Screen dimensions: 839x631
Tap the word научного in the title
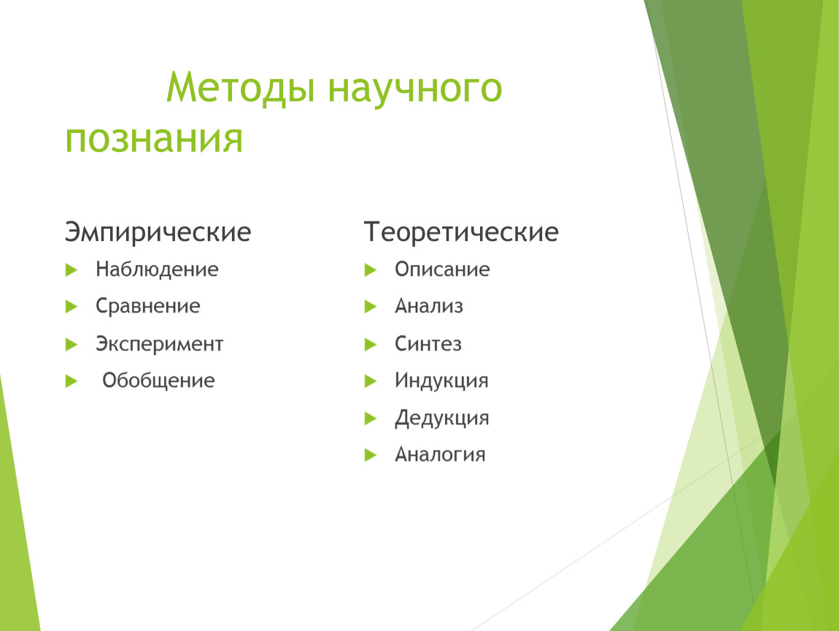[415, 89]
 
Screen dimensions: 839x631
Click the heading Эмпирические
[158, 232]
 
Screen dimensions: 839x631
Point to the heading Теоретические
[461, 232]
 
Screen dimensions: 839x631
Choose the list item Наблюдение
[157, 269]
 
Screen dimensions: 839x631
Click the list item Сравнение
[147, 307]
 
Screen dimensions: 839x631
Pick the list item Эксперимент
[160, 344]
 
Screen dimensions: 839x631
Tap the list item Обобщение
[158, 380]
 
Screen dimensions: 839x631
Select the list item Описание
[442, 269]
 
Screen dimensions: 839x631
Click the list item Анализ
[428, 307]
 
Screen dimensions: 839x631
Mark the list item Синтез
[428, 343]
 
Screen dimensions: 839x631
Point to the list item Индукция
[441, 380]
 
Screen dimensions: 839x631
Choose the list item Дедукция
[442, 418]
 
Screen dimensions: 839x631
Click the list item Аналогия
[440, 455]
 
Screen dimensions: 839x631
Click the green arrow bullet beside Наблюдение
[71, 270]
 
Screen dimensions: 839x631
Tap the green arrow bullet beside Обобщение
[71, 381]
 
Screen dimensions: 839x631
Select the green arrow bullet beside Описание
[371, 270]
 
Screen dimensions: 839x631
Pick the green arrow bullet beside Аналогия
[371, 455]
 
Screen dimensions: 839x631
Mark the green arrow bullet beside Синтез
[371, 345]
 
